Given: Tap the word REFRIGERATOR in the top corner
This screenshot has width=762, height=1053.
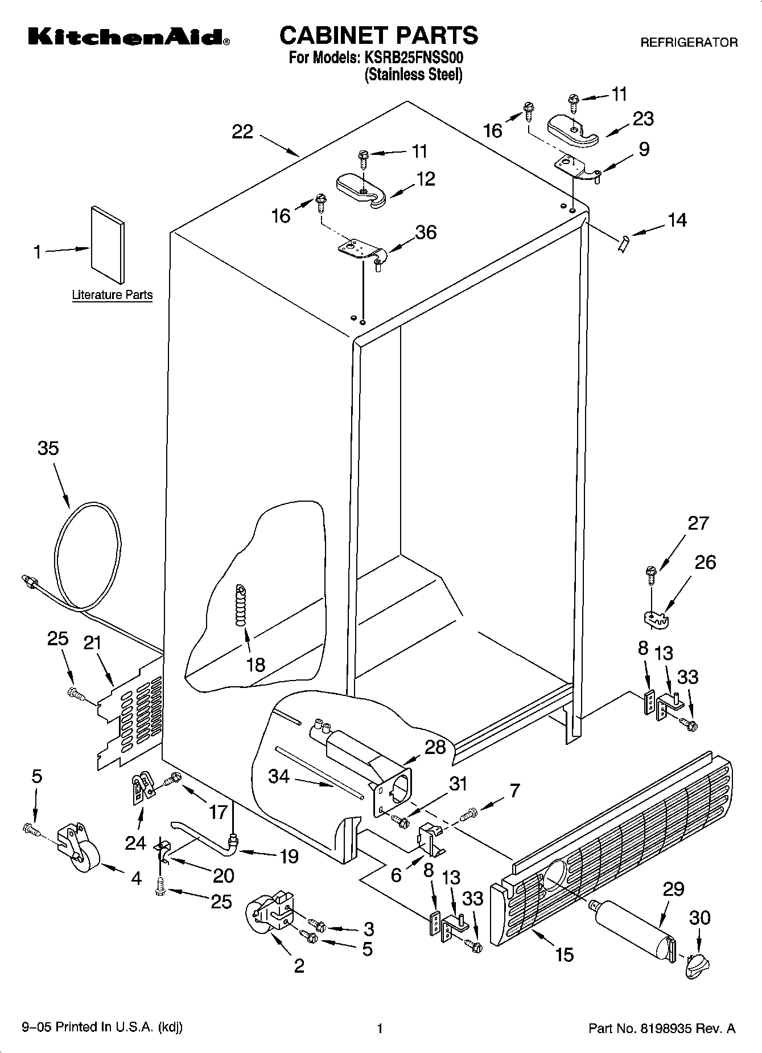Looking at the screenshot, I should [689, 42].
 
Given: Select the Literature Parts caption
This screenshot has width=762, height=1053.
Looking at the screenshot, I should [112, 295].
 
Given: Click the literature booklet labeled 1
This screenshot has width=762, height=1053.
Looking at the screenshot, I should [107, 244].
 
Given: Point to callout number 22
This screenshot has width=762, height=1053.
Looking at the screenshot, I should [242, 132].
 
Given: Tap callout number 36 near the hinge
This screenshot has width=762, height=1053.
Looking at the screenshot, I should [426, 232].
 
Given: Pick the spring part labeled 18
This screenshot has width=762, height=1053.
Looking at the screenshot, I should [242, 606].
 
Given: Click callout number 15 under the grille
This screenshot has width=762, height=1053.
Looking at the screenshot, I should [564, 954].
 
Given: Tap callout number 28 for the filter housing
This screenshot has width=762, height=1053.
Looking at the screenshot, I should [435, 747].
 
